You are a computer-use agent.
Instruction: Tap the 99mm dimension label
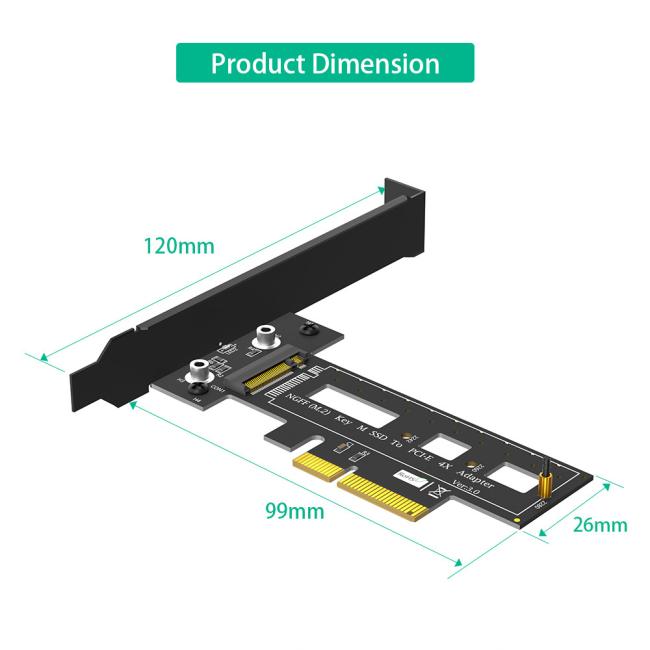coord(294,511)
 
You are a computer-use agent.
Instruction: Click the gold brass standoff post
coord(547,484)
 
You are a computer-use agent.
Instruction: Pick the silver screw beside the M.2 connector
coord(267,340)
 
